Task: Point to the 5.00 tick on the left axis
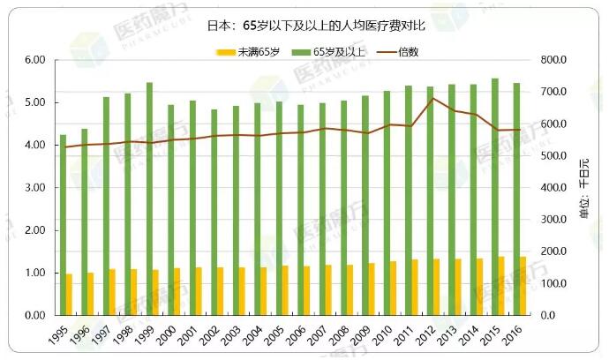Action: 34,102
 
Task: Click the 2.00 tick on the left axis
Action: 34,230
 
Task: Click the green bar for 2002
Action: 214,212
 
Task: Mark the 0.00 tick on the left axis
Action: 34,315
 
